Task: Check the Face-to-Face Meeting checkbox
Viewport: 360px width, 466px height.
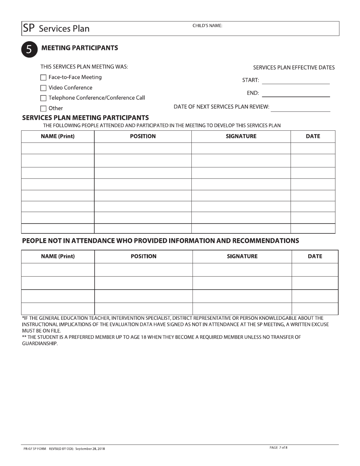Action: pyautogui.click(x=43, y=78)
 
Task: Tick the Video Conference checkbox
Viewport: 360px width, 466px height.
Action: pyautogui.click(x=43, y=88)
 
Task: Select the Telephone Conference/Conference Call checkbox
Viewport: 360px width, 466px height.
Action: pyautogui.click(x=43, y=98)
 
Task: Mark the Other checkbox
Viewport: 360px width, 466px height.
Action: pyautogui.click(x=43, y=108)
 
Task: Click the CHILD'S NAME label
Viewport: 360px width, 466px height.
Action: pyautogui.click(x=207, y=26)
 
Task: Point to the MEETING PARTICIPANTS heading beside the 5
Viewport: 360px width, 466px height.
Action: pyautogui.click(x=80, y=48)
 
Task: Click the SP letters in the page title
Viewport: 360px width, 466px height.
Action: pyautogui.click(x=29, y=28)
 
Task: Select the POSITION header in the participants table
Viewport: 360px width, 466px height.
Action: pyautogui.click(x=142, y=136)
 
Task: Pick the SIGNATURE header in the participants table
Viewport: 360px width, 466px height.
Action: pyautogui.click(x=241, y=136)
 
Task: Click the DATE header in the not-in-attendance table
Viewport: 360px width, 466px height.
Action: pyautogui.click(x=315, y=256)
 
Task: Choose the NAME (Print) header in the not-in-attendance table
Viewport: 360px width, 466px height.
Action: pyautogui.click(x=58, y=256)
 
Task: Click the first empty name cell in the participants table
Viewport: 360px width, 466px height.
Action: pyautogui.click(x=58, y=149)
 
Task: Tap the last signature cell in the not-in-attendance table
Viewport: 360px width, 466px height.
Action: pyautogui.click(x=242, y=308)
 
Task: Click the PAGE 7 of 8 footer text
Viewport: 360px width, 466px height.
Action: pyautogui.click(x=279, y=447)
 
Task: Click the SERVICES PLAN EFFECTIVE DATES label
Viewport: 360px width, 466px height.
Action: pyautogui.click(x=294, y=68)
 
